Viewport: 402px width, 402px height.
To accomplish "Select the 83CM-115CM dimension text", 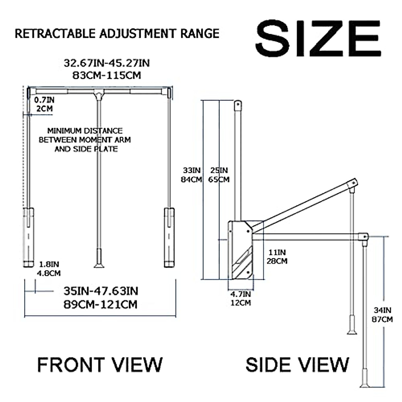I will (x=107, y=75).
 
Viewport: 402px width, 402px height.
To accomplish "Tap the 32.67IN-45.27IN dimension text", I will (x=107, y=63).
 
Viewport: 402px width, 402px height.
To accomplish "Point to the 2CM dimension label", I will (x=45, y=109).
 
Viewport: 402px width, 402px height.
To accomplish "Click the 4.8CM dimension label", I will (x=49, y=273).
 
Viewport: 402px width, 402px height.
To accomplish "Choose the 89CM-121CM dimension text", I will (x=100, y=305).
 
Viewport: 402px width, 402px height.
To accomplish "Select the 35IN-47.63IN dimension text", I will (x=100, y=291).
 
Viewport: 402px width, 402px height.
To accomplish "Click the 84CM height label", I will (x=191, y=180).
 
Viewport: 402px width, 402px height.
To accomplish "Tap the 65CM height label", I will (x=219, y=180).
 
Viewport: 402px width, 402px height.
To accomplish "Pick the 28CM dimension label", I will (x=277, y=261).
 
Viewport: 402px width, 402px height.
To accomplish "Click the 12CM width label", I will (x=241, y=303).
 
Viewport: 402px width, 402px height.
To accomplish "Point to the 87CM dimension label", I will (x=382, y=319).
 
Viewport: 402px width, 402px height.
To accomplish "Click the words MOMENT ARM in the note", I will (x=108, y=140).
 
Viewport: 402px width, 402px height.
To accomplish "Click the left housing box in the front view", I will (x=28, y=237).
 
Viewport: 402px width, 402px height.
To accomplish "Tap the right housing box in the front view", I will (x=169, y=237).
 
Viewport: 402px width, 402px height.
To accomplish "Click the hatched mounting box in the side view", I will (x=241, y=250).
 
